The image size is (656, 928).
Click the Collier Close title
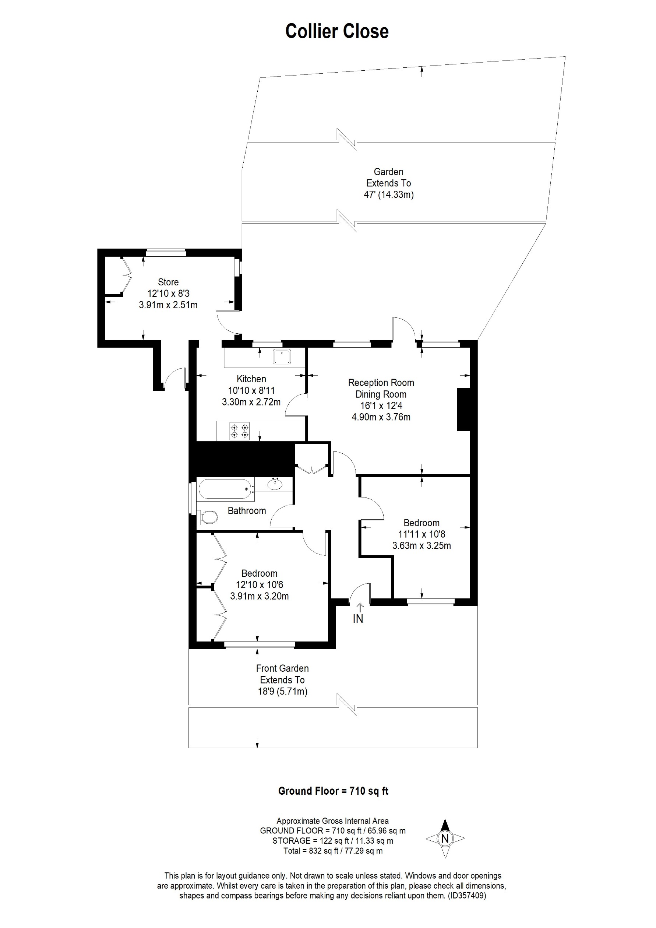pos(336,32)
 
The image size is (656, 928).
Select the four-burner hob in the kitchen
pos(239,431)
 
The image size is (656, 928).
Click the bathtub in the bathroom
pos(225,489)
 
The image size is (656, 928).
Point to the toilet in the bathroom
pos(209,517)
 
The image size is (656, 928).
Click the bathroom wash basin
pos(275,484)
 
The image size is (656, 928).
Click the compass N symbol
pos(445,838)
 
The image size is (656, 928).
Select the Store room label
pos(168,282)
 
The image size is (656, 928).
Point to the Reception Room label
pos(381,383)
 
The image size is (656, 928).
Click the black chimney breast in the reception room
pos(463,409)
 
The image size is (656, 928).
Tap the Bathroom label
pos(246,510)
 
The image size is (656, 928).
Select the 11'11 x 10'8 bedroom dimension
pos(421,534)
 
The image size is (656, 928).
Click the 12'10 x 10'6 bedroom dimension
pos(259,584)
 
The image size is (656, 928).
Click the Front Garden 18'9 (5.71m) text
pos(282,691)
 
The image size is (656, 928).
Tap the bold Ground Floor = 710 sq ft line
pos(333,791)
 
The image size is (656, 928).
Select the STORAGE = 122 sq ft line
pos(332,841)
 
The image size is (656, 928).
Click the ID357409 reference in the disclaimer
pos(467,895)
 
